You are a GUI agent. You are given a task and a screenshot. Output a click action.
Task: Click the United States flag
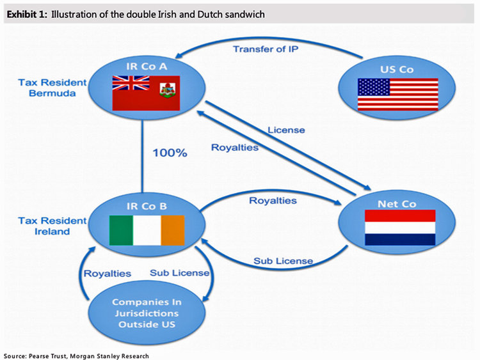[397, 95]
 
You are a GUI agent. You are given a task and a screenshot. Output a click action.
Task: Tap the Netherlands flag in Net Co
[400, 228]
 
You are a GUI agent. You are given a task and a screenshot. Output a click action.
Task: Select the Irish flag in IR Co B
[147, 230]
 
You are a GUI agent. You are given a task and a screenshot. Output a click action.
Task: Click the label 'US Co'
[397, 70]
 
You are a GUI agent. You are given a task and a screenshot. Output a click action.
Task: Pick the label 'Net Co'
[400, 203]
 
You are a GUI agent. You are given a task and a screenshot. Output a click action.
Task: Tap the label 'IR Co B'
[147, 206]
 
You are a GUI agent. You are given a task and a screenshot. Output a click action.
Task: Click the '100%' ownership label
[170, 153]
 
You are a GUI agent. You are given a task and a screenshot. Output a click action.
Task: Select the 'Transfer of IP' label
[264, 49]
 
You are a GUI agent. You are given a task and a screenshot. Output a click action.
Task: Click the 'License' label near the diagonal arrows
[285, 130]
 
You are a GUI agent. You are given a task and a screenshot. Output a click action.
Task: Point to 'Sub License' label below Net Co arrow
[283, 260]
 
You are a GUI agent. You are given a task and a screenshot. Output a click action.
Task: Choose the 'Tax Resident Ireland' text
[44, 226]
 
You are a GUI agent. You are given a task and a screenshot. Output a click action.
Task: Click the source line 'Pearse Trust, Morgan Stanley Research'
[96, 355]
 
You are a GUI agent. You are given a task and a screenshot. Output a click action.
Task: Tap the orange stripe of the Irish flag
[172, 230]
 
